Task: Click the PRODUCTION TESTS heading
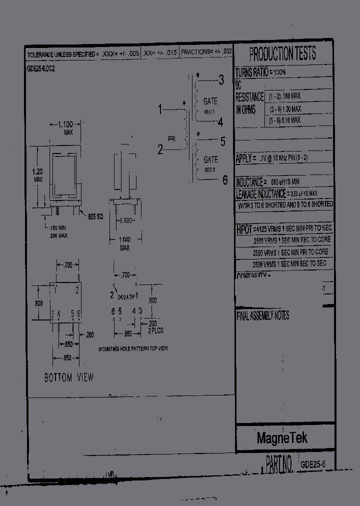(282, 53)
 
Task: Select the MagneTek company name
(282, 438)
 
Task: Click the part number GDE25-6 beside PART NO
(313, 464)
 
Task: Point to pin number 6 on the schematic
(224, 180)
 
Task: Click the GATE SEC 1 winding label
(210, 105)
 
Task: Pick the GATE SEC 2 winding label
(210, 164)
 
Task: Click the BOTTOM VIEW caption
(69, 378)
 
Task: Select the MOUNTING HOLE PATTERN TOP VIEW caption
(133, 348)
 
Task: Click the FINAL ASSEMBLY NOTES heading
(262, 316)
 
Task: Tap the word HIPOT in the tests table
(244, 229)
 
